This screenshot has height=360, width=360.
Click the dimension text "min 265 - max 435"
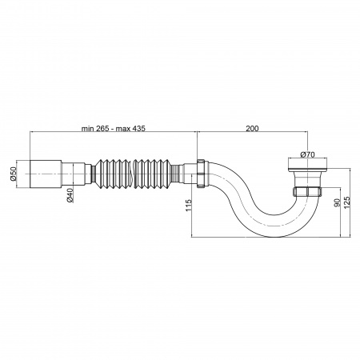(x=114, y=128)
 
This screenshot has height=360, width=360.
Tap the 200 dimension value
(x=252, y=128)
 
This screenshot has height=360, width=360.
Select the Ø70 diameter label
(x=307, y=154)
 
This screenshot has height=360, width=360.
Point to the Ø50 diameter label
(x=14, y=174)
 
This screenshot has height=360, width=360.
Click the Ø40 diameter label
(x=70, y=195)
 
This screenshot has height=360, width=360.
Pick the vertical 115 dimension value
(x=189, y=206)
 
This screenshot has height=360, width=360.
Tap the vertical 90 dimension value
(x=337, y=202)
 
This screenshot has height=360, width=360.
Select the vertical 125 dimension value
(x=347, y=202)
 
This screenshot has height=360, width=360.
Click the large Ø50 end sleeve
(x=46, y=174)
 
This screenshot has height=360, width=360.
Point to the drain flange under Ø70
(x=307, y=164)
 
